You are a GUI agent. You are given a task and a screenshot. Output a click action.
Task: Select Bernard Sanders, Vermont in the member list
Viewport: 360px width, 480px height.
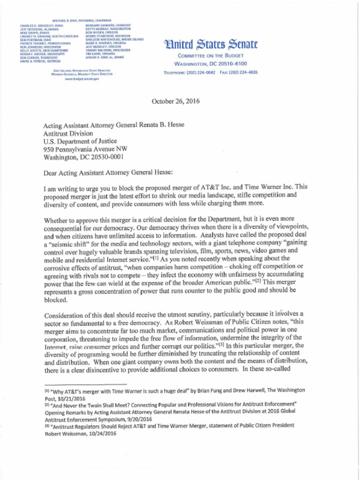pyautogui.click(x=108, y=25)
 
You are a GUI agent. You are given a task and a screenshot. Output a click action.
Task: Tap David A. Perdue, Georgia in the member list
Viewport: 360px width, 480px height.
pyautogui.click(x=40, y=61)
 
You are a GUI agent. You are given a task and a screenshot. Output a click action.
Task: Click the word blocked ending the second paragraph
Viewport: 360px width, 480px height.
pyautogui.click(x=52, y=299)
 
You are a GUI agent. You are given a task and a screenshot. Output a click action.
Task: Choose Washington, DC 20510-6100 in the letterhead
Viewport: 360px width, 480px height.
pyautogui.click(x=210, y=64)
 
